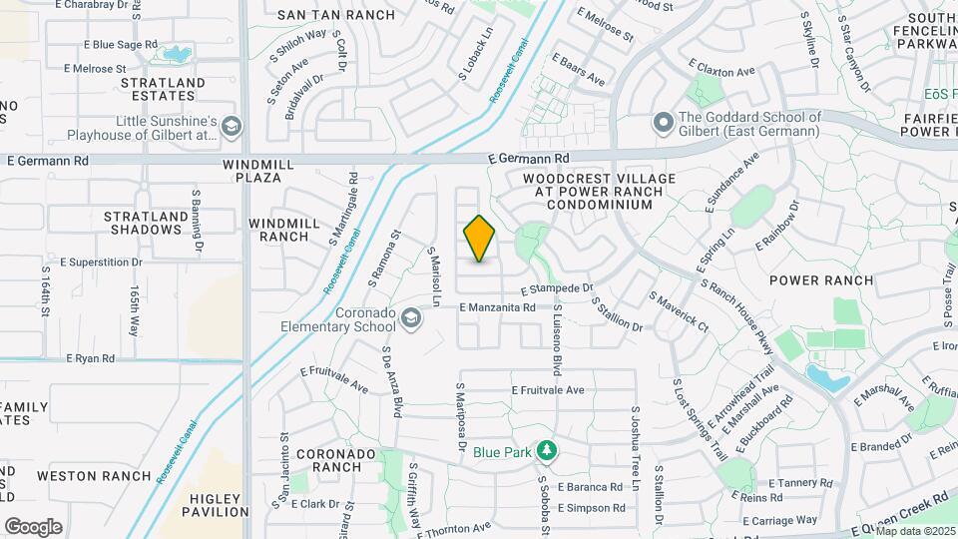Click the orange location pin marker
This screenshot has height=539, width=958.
tap(479, 239)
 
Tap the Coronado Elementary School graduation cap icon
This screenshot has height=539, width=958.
tap(410, 318)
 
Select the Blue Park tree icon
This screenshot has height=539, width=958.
tap(546, 451)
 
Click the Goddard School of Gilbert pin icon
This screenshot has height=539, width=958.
tap(662, 124)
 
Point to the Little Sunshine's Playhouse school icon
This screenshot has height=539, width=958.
tap(232, 127)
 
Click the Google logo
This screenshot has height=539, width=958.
tap(33, 527)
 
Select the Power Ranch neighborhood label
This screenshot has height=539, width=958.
tap(822, 280)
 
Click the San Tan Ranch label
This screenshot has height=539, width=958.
tap(336, 15)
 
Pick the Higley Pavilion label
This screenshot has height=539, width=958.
tap(215, 505)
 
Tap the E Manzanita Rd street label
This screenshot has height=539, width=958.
tap(505, 308)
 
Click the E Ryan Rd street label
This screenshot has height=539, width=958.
tap(90, 358)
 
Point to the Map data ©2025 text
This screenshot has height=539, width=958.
tap(914, 530)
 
